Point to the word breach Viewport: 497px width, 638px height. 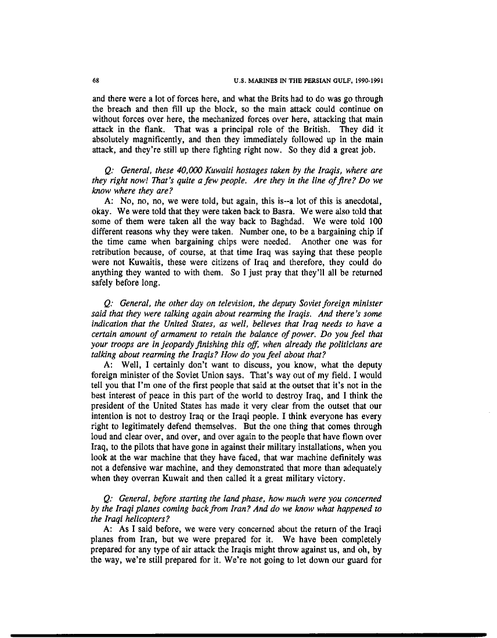tap(123, 107)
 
